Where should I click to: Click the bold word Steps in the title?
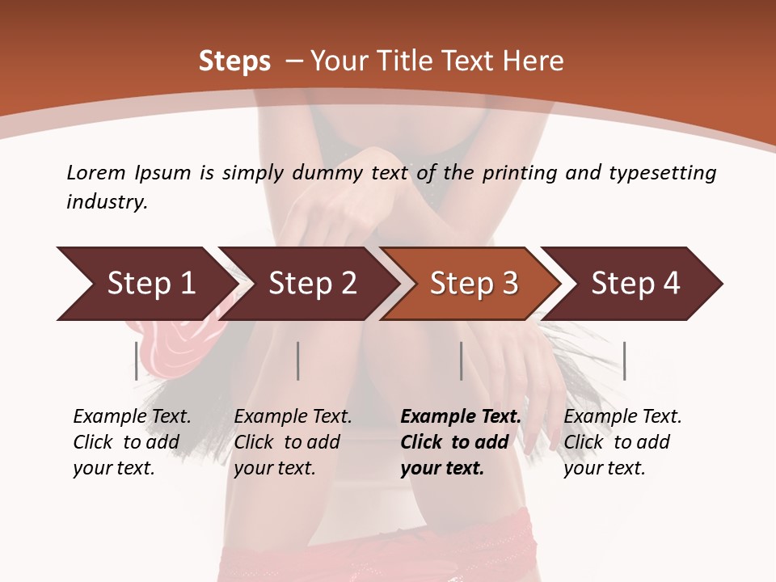[x=234, y=61]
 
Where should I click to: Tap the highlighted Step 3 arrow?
[x=474, y=284]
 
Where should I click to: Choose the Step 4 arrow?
[x=635, y=284]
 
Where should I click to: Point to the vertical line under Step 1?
[x=137, y=361]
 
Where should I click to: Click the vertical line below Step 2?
[x=298, y=361]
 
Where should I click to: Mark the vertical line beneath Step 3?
[x=461, y=361]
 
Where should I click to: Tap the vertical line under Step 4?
[x=624, y=361]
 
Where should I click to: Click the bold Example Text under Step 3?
[x=461, y=417]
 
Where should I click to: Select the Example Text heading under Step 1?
[x=132, y=417]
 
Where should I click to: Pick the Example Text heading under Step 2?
[x=293, y=417]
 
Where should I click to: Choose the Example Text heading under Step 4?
[x=622, y=417]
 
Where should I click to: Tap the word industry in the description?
[x=107, y=202]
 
